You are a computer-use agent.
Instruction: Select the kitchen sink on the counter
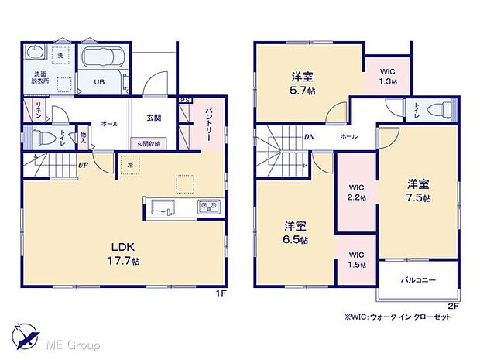(163, 206)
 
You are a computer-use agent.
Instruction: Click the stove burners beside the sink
(208, 206)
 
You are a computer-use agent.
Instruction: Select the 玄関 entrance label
(153, 118)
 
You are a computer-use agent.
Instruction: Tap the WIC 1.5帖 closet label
(356, 259)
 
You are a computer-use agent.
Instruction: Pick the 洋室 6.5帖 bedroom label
(295, 233)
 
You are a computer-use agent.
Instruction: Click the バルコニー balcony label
(419, 280)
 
